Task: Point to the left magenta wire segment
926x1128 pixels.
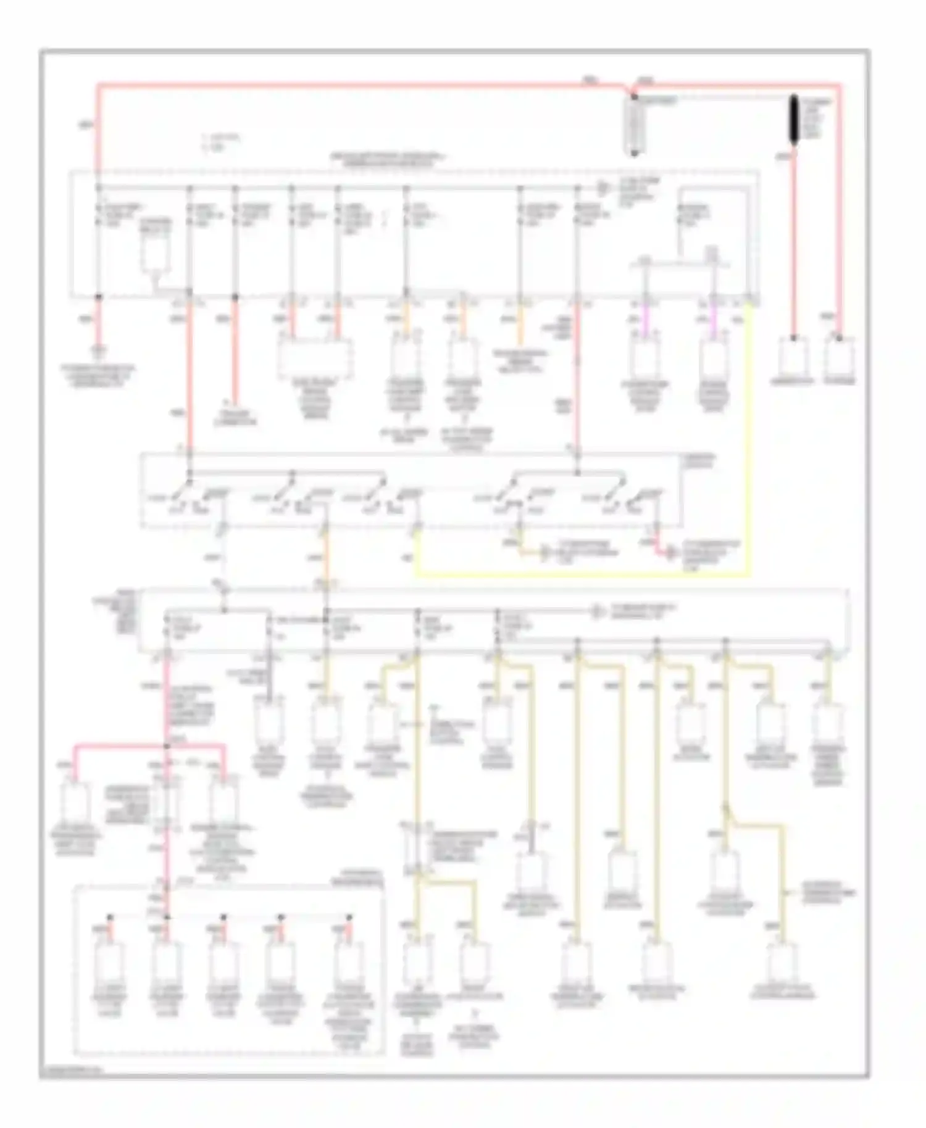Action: (646, 320)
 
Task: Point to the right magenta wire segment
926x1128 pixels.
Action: (714, 320)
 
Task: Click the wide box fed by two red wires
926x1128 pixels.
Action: (315, 358)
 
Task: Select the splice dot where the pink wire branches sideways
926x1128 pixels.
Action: (166, 746)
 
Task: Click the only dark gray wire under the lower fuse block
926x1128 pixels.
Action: (269, 679)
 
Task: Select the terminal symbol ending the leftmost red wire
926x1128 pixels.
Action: (98, 352)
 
